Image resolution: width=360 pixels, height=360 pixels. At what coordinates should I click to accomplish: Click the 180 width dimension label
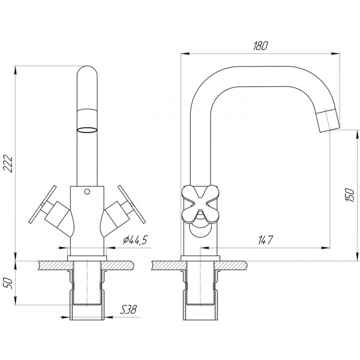click(260, 46)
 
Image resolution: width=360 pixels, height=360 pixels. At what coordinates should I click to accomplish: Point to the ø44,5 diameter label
click(136, 240)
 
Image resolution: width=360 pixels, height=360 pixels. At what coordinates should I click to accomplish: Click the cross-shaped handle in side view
click(198, 202)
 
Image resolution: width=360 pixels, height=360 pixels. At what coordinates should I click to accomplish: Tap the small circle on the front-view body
click(88, 193)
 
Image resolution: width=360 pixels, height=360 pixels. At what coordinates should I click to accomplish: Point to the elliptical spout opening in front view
click(88, 128)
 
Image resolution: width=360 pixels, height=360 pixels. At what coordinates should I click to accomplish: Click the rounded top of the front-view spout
click(88, 75)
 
